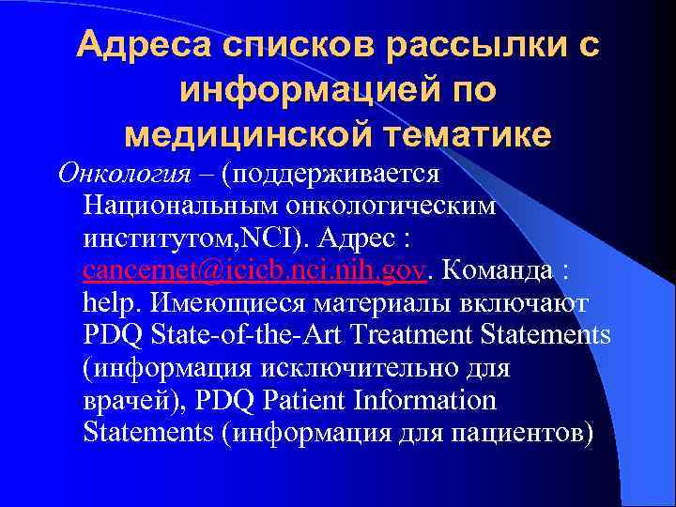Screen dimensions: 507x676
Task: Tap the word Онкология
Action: click(116, 175)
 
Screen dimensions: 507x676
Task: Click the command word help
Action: click(109, 303)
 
